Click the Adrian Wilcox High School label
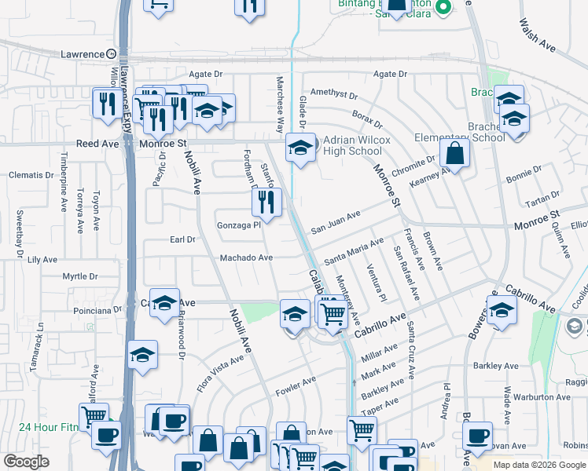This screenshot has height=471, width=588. [353, 146]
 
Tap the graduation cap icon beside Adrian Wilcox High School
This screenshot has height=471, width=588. [300, 147]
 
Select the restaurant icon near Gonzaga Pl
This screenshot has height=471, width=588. [266, 202]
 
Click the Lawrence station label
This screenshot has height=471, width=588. [83, 54]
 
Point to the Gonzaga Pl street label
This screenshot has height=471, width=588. [238, 225]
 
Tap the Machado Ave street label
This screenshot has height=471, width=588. [246, 257]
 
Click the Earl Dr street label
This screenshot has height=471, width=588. [182, 239]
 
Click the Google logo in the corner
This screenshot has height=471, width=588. [26, 462]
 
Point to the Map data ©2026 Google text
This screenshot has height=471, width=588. [539, 465]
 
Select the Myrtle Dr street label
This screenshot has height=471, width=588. [79, 276]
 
